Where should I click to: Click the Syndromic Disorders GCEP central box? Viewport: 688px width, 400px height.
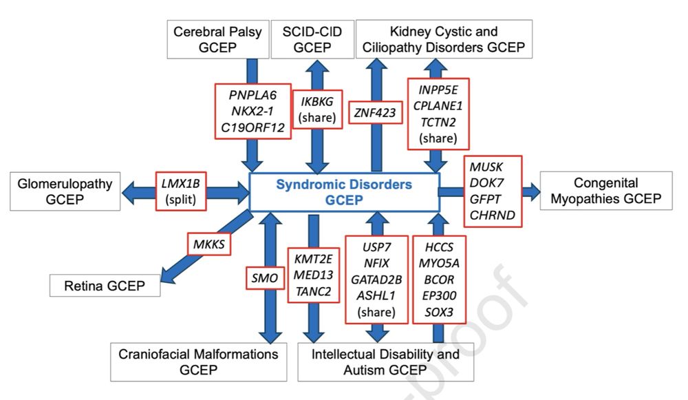tap(344, 192)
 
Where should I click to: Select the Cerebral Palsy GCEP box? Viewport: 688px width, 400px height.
tap(217, 39)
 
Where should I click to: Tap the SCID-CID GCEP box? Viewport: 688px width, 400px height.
tap(312, 39)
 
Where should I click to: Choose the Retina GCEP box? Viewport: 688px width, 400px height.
tap(105, 286)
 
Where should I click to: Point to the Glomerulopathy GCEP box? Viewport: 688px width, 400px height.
tap(65, 191)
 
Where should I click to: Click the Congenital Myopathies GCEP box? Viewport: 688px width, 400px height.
tap(606, 191)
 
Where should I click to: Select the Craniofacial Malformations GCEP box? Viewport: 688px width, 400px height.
tap(198, 362)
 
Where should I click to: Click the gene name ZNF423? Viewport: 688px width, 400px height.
tap(375, 113)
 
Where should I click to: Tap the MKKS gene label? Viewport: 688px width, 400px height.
tap(209, 244)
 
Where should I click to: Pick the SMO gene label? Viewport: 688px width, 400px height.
tap(265, 278)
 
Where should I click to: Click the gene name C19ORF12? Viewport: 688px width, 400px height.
tap(252, 128)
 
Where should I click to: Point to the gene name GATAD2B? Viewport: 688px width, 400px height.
tap(376, 280)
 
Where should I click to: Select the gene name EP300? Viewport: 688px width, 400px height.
tap(439, 295)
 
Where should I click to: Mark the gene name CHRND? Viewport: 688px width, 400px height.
tap(493, 215)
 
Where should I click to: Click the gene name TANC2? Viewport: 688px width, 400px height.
tap(313, 291)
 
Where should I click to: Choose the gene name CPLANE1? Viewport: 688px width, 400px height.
tap(438, 106)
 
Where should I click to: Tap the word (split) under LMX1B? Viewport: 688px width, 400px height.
tap(181, 200)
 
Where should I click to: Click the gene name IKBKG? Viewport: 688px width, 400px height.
tap(316, 101)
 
